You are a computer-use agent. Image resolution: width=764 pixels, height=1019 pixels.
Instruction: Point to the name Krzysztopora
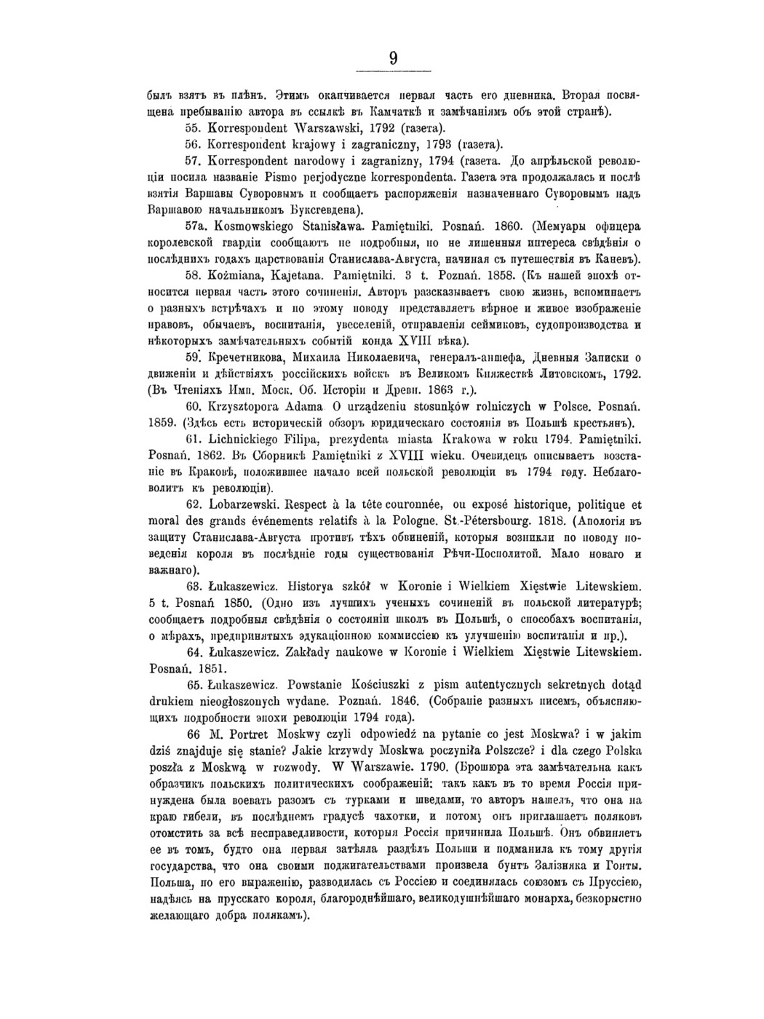pos(250,406)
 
